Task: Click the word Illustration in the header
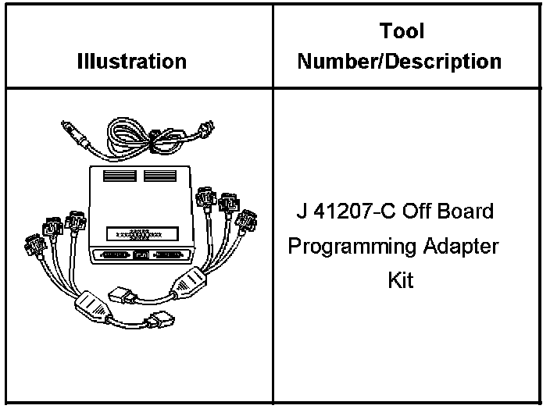click(x=132, y=61)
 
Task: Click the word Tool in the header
click(x=402, y=31)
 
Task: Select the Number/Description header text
click(x=402, y=61)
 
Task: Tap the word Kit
click(x=401, y=279)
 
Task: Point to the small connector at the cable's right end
click(x=206, y=128)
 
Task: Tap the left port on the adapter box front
click(x=113, y=255)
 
